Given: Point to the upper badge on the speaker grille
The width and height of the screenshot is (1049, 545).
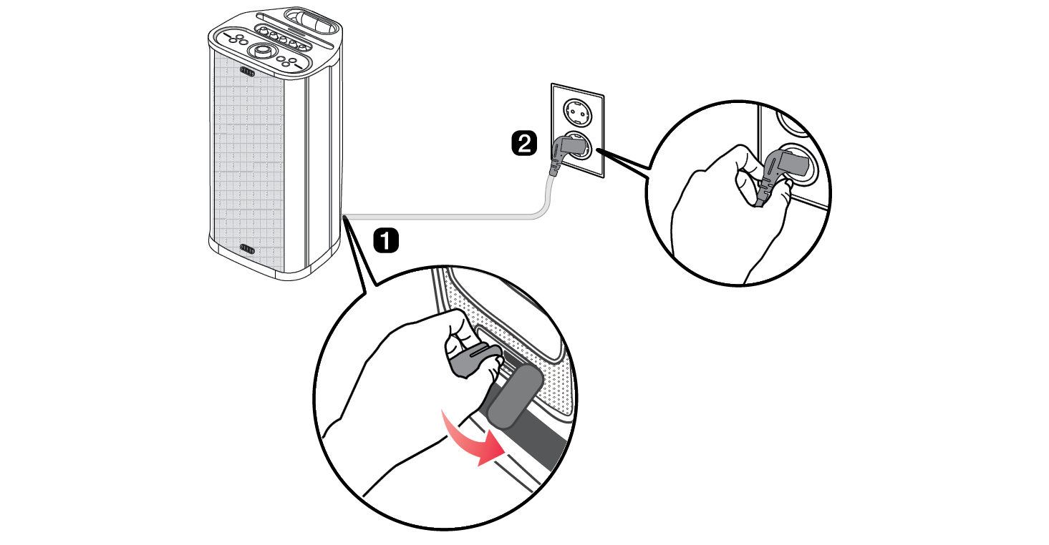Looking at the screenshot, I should click(248, 72).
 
